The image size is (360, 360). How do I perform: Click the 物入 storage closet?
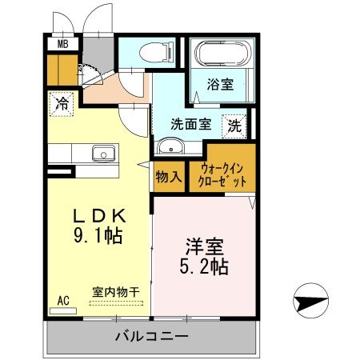pos(168,176)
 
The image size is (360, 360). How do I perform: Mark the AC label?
pos(63,301)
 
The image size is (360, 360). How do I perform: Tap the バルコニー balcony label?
pos(150,336)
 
